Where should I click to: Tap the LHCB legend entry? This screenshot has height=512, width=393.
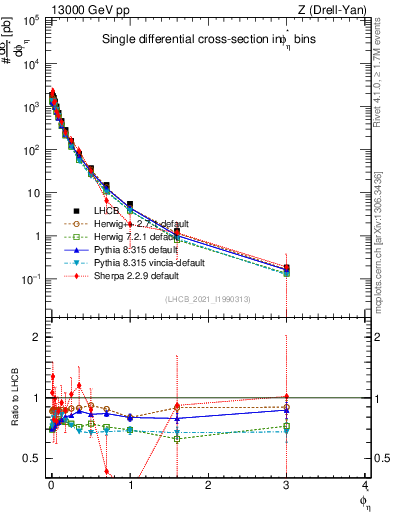point(104,211)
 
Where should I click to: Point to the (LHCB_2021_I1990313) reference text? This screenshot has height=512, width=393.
point(214,301)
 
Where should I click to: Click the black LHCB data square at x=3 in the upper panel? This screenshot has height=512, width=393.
point(287,267)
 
